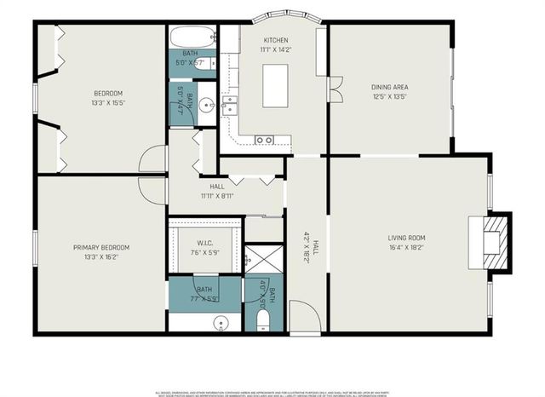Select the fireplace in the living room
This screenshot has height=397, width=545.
tap(496, 241)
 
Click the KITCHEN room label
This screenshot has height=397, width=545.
tap(275, 40)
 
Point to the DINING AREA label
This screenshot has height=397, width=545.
tap(389, 86)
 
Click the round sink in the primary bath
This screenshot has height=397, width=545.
tap(221, 322)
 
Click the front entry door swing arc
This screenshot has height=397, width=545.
tap(305, 317)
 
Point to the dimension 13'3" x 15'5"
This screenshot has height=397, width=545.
tap(108, 103)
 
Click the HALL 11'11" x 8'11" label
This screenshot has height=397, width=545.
tap(216, 191)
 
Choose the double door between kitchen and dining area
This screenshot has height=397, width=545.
tap(335, 89)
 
